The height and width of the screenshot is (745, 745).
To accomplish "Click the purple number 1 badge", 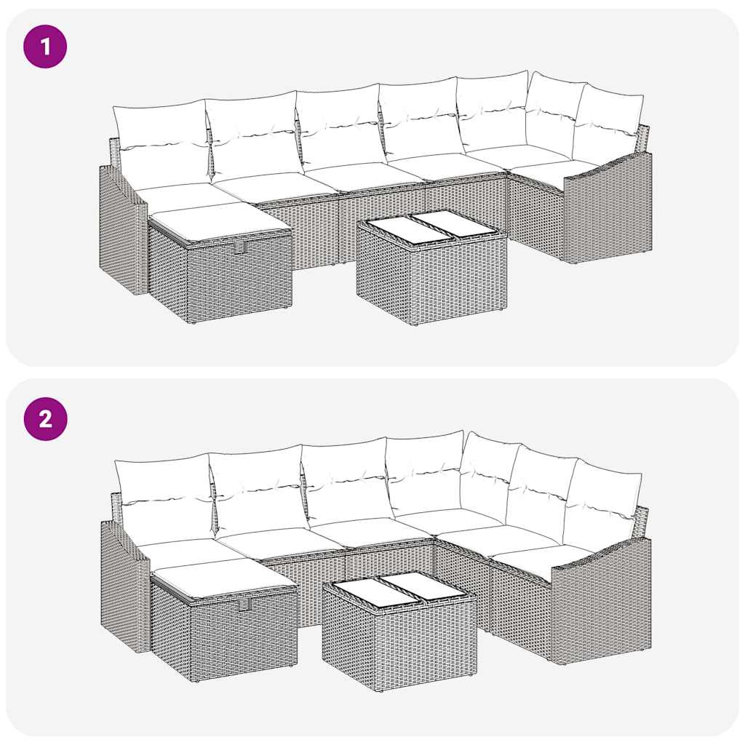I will [x=45, y=47].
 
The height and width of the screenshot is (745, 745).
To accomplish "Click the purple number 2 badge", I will [x=45, y=419].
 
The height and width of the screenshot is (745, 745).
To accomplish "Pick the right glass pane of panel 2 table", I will [x=425, y=586].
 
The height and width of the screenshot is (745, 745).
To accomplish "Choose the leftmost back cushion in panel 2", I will [x=163, y=498].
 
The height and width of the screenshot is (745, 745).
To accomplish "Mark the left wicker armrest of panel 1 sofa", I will [x=122, y=229].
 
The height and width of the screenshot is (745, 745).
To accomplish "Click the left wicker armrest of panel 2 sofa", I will [x=124, y=586].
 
